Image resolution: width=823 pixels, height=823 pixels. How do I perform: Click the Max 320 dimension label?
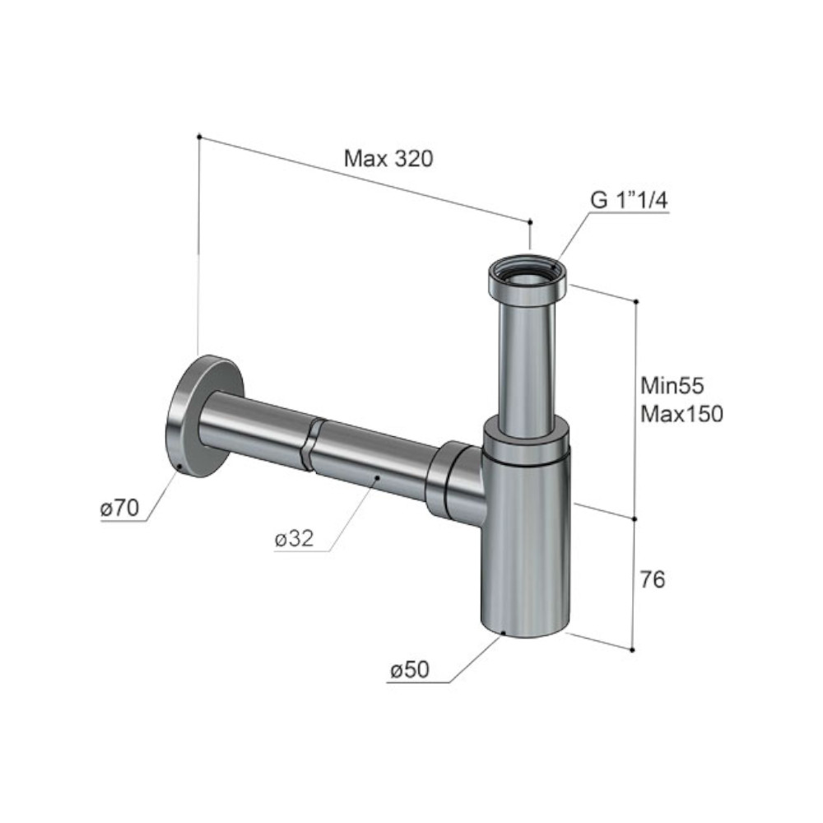(388, 158)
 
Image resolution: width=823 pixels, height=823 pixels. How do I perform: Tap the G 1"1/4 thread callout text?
(630, 200)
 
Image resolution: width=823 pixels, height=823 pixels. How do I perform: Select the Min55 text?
(672, 386)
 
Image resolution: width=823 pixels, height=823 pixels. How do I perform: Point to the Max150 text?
(681, 414)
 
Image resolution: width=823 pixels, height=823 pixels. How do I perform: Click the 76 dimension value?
(653, 579)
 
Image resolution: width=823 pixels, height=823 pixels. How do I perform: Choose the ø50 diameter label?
(409, 670)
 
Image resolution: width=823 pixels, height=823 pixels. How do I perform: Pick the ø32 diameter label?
(294, 538)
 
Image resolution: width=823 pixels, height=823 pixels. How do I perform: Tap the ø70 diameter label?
(119, 508)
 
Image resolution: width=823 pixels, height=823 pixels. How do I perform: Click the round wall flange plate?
(202, 416)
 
